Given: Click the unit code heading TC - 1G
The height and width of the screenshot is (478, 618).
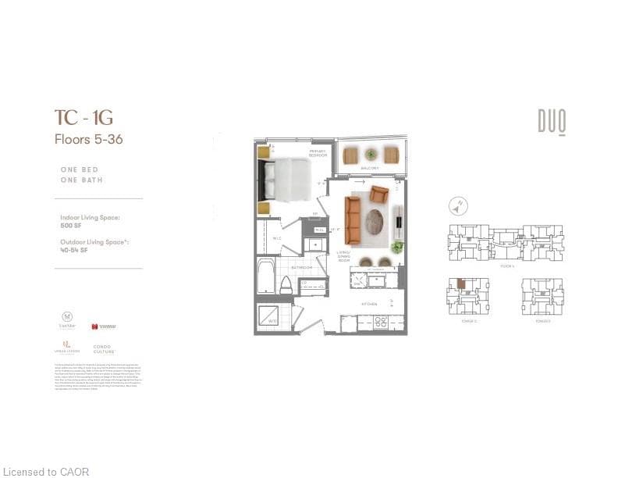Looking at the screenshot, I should click(83, 118).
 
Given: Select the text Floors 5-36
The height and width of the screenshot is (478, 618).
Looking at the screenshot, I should click(88, 140).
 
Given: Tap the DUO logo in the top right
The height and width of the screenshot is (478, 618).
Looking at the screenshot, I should click(551, 121).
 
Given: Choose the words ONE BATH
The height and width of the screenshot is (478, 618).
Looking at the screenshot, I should click(82, 180).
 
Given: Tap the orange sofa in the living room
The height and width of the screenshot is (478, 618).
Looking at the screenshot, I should click(352, 219).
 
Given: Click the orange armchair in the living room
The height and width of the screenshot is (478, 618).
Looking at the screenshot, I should click(379, 194).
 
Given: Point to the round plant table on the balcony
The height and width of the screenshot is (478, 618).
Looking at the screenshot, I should click(371, 155).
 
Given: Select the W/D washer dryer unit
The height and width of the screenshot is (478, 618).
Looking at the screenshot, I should click(272, 316).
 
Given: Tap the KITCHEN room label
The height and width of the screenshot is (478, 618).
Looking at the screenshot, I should click(369, 304).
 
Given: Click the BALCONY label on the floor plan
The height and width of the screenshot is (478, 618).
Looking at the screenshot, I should click(370, 168).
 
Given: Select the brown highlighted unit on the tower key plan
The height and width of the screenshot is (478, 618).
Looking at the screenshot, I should click(461, 284).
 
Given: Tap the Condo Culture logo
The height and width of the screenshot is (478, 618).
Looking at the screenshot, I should click(102, 348).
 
